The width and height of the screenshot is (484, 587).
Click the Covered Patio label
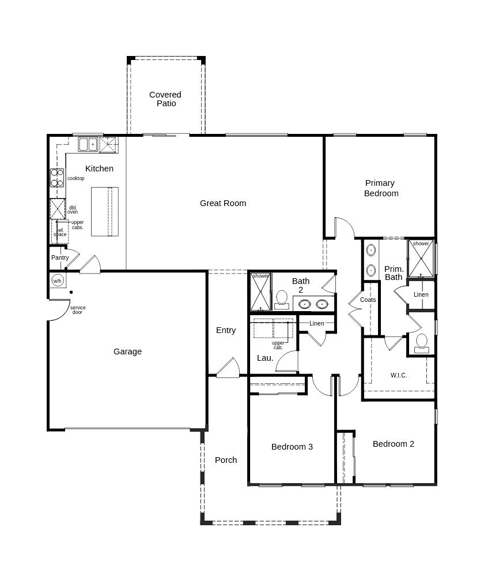(165, 99)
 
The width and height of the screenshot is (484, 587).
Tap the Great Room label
(223, 203)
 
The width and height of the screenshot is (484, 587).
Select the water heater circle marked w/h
(57, 281)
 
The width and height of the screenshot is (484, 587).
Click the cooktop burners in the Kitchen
(56, 178)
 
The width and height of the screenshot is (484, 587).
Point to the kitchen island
(105, 211)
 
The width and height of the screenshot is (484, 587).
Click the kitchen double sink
(88, 144)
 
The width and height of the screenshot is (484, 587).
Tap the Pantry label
(60, 257)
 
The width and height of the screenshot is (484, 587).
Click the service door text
(77, 310)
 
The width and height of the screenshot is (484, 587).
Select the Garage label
(127, 352)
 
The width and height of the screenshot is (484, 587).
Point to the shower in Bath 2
(261, 292)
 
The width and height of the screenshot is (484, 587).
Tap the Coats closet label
(368, 300)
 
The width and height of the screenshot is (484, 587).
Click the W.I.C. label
(399, 375)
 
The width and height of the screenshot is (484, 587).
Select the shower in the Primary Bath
(421, 257)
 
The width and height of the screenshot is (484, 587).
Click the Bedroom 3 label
(292, 447)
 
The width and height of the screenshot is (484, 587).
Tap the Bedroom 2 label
(394, 444)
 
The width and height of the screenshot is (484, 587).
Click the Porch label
(226, 460)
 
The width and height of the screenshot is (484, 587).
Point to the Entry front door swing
(228, 368)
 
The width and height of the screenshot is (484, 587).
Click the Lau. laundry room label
(265, 358)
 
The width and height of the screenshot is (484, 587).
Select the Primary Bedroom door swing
(345, 227)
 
